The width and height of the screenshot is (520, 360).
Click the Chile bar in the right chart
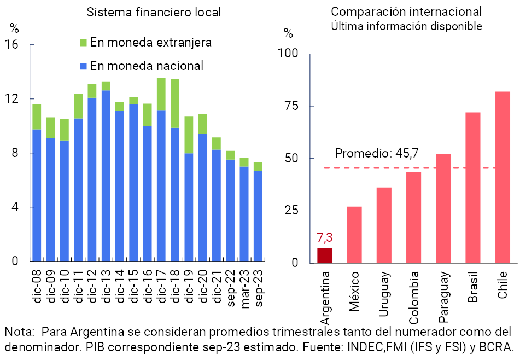(503, 177)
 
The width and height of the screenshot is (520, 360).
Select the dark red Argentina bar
(325, 256)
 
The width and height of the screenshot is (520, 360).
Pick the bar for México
(354, 235)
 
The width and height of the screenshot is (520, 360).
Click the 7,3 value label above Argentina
(325, 238)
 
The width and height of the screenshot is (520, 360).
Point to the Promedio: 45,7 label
(377, 153)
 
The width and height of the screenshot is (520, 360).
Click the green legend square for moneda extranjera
(83, 43)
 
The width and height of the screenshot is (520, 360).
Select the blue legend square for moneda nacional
(83, 66)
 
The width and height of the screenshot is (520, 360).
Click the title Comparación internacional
(406, 11)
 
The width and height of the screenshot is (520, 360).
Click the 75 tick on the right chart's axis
(293, 106)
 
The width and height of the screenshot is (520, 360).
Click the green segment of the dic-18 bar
(175, 103)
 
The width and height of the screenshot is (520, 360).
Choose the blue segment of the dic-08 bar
(37, 195)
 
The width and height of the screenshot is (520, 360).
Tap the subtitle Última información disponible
(406, 26)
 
